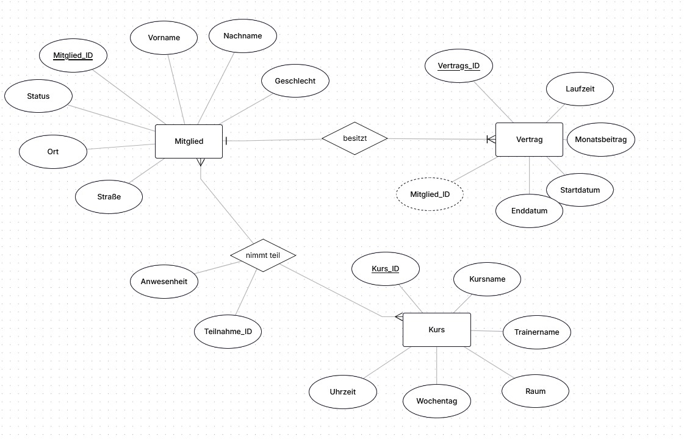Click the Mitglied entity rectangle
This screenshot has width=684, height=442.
coord(189,141)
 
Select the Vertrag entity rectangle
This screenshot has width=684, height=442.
coord(529,140)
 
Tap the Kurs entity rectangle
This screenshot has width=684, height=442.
coord(437,330)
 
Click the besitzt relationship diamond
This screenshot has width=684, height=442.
coord(355,138)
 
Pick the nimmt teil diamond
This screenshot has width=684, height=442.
coord(263,255)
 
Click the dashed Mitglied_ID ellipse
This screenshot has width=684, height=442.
coord(430,194)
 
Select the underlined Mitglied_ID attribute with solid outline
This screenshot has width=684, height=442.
coord(73,55)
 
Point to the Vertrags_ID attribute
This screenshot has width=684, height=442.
coord(459,66)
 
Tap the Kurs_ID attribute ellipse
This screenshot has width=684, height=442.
coord(386,269)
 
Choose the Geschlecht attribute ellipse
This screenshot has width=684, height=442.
coord(295,81)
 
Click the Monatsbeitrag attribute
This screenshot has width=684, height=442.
coord(600,140)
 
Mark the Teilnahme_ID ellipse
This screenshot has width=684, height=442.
coord(228,331)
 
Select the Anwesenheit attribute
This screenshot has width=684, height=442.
coord(164,282)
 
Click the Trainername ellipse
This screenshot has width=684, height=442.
coord(536,332)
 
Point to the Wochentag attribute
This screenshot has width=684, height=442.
coord(437,401)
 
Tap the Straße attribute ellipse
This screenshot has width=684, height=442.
coord(109,197)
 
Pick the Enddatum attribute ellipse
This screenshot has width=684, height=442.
coord(529,211)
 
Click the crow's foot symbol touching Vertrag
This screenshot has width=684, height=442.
coord(491,140)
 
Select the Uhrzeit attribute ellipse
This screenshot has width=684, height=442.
coord(343,392)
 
